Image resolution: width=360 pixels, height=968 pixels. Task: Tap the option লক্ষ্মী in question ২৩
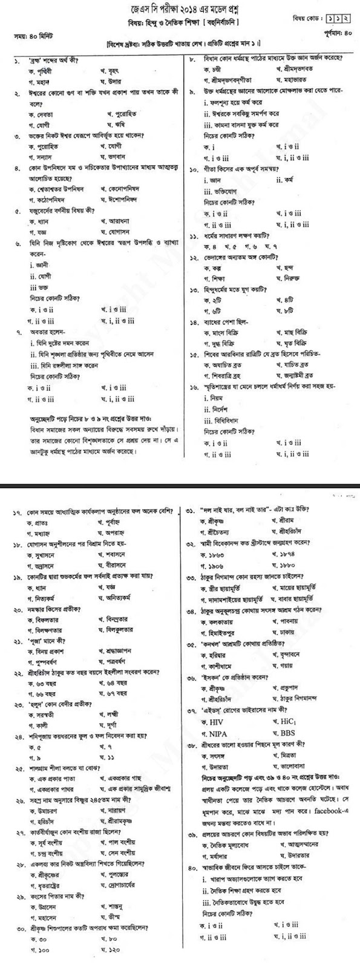106,713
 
